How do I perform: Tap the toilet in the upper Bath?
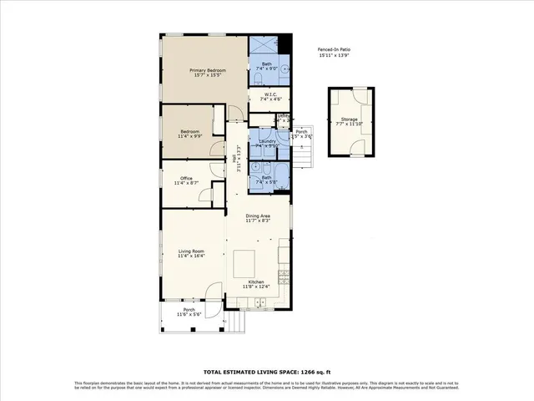click(258, 79)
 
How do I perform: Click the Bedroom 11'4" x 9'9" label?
click(189, 135)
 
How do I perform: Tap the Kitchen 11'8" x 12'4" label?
click(256, 285)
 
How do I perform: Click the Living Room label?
click(191, 253)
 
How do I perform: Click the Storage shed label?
click(349, 122)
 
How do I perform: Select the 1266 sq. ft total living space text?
click(266, 372)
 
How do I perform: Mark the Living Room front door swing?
click(214, 293)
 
